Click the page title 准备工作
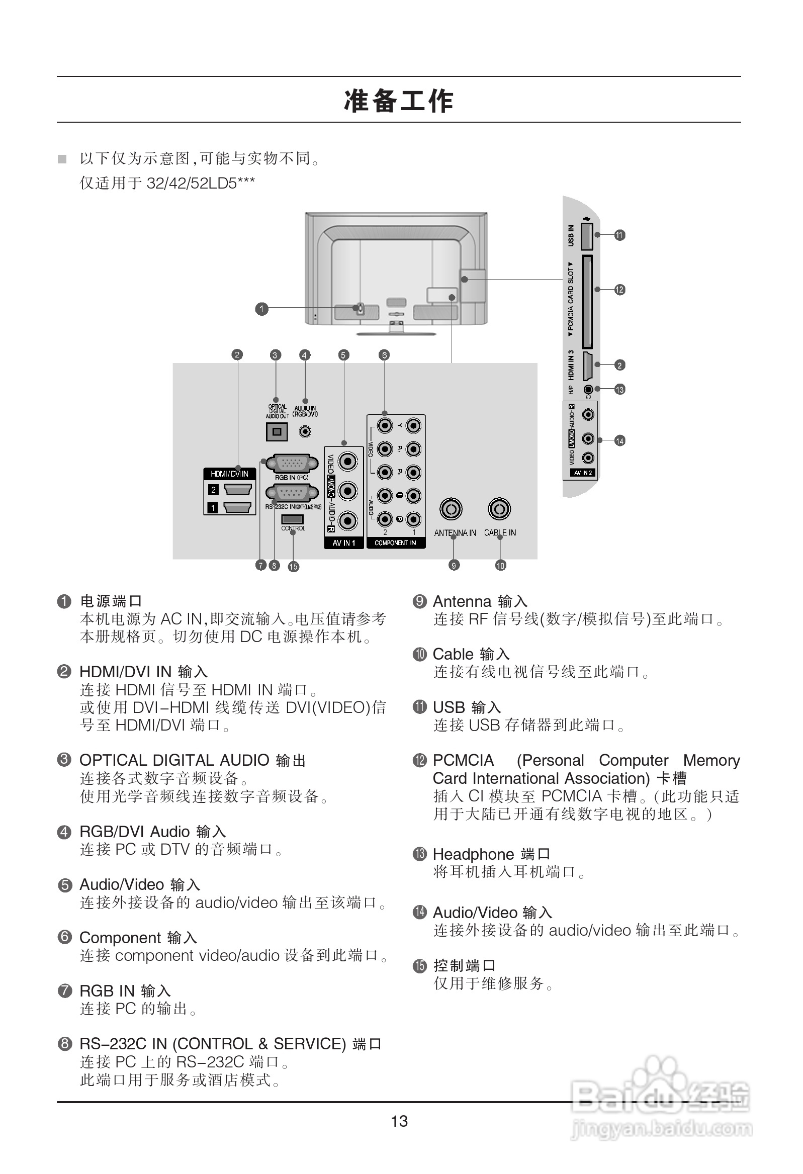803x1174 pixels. (x=399, y=101)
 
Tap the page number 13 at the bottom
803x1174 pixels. (x=399, y=1121)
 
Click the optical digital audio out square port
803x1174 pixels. (x=277, y=432)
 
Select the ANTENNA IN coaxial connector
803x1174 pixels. (x=450, y=509)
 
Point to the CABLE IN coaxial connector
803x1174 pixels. (x=499, y=509)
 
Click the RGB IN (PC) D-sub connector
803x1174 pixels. (x=292, y=463)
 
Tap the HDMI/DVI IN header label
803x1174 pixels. (x=229, y=474)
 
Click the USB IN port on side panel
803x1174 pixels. (x=586, y=236)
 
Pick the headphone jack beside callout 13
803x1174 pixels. (x=588, y=390)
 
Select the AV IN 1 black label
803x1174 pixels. (x=343, y=543)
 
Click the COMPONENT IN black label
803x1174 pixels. (x=395, y=543)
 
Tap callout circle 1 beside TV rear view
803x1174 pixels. (x=261, y=309)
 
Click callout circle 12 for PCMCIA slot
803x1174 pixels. (x=619, y=290)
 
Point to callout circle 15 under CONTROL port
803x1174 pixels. (x=293, y=566)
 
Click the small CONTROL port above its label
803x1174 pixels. (x=292, y=519)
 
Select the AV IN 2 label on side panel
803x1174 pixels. (x=583, y=473)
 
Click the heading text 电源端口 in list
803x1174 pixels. (x=111, y=601)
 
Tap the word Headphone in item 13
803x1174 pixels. (x=473, y=854)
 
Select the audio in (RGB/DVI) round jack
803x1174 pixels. (x=305, y=432)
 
